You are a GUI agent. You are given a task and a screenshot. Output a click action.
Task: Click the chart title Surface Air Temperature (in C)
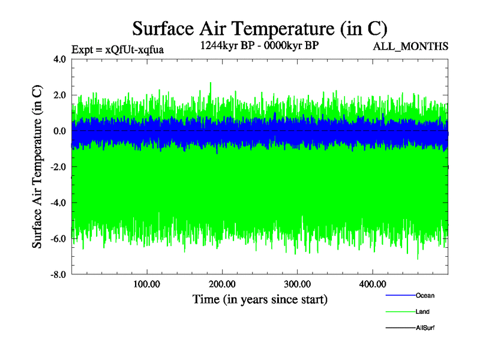click(x=259, y=28)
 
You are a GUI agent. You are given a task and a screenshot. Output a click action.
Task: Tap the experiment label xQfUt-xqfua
click(x=117, y=50)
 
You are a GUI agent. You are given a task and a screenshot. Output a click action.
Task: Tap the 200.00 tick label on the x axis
click(x=222, y=284)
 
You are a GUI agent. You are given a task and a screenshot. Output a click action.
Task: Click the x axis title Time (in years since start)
click(x=260, y=299)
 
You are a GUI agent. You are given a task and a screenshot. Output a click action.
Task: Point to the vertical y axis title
click(x=37, y=167)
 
